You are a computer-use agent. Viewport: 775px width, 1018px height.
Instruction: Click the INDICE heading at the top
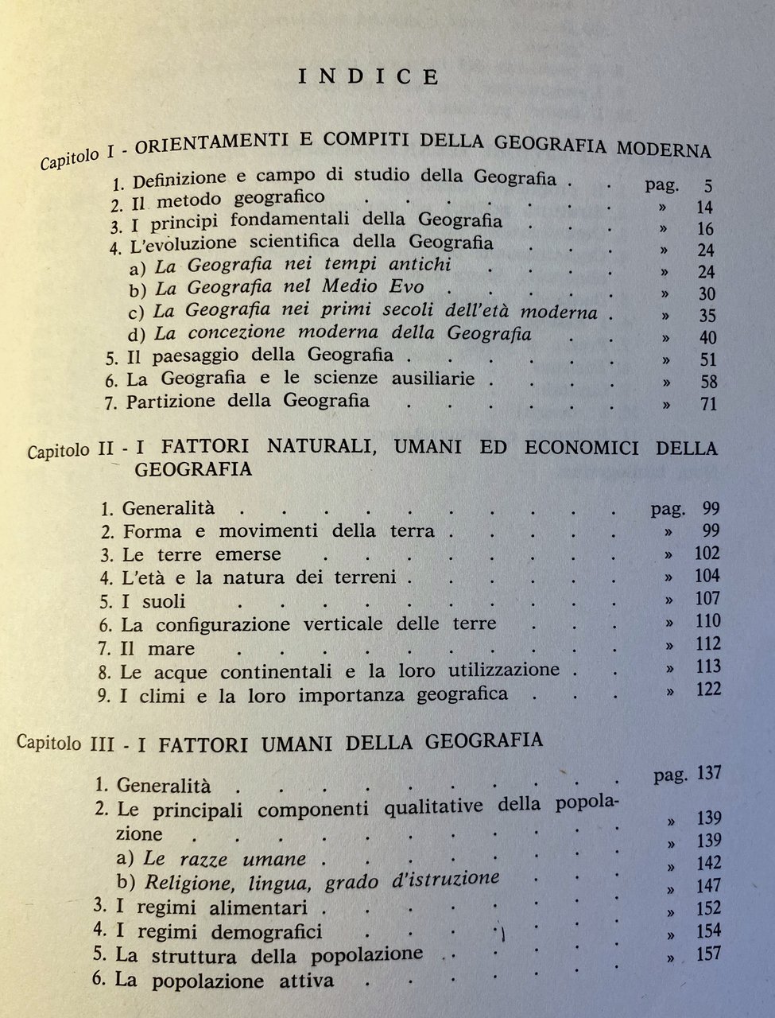pos(368,76)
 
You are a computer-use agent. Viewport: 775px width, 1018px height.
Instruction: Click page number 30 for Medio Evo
pos(705,293)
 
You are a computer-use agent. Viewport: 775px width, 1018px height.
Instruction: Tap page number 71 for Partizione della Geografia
pos(707,404)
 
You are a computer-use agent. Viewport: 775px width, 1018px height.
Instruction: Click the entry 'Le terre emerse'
pos(201,554)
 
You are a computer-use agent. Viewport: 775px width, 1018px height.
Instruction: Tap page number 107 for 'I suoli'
pos(706,598)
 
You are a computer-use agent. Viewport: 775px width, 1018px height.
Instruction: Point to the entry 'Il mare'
pos(157,648)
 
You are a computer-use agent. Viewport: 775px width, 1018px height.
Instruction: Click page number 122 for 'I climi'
pos(706,689)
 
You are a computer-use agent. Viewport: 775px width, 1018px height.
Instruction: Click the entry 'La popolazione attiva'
pos(224,980)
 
